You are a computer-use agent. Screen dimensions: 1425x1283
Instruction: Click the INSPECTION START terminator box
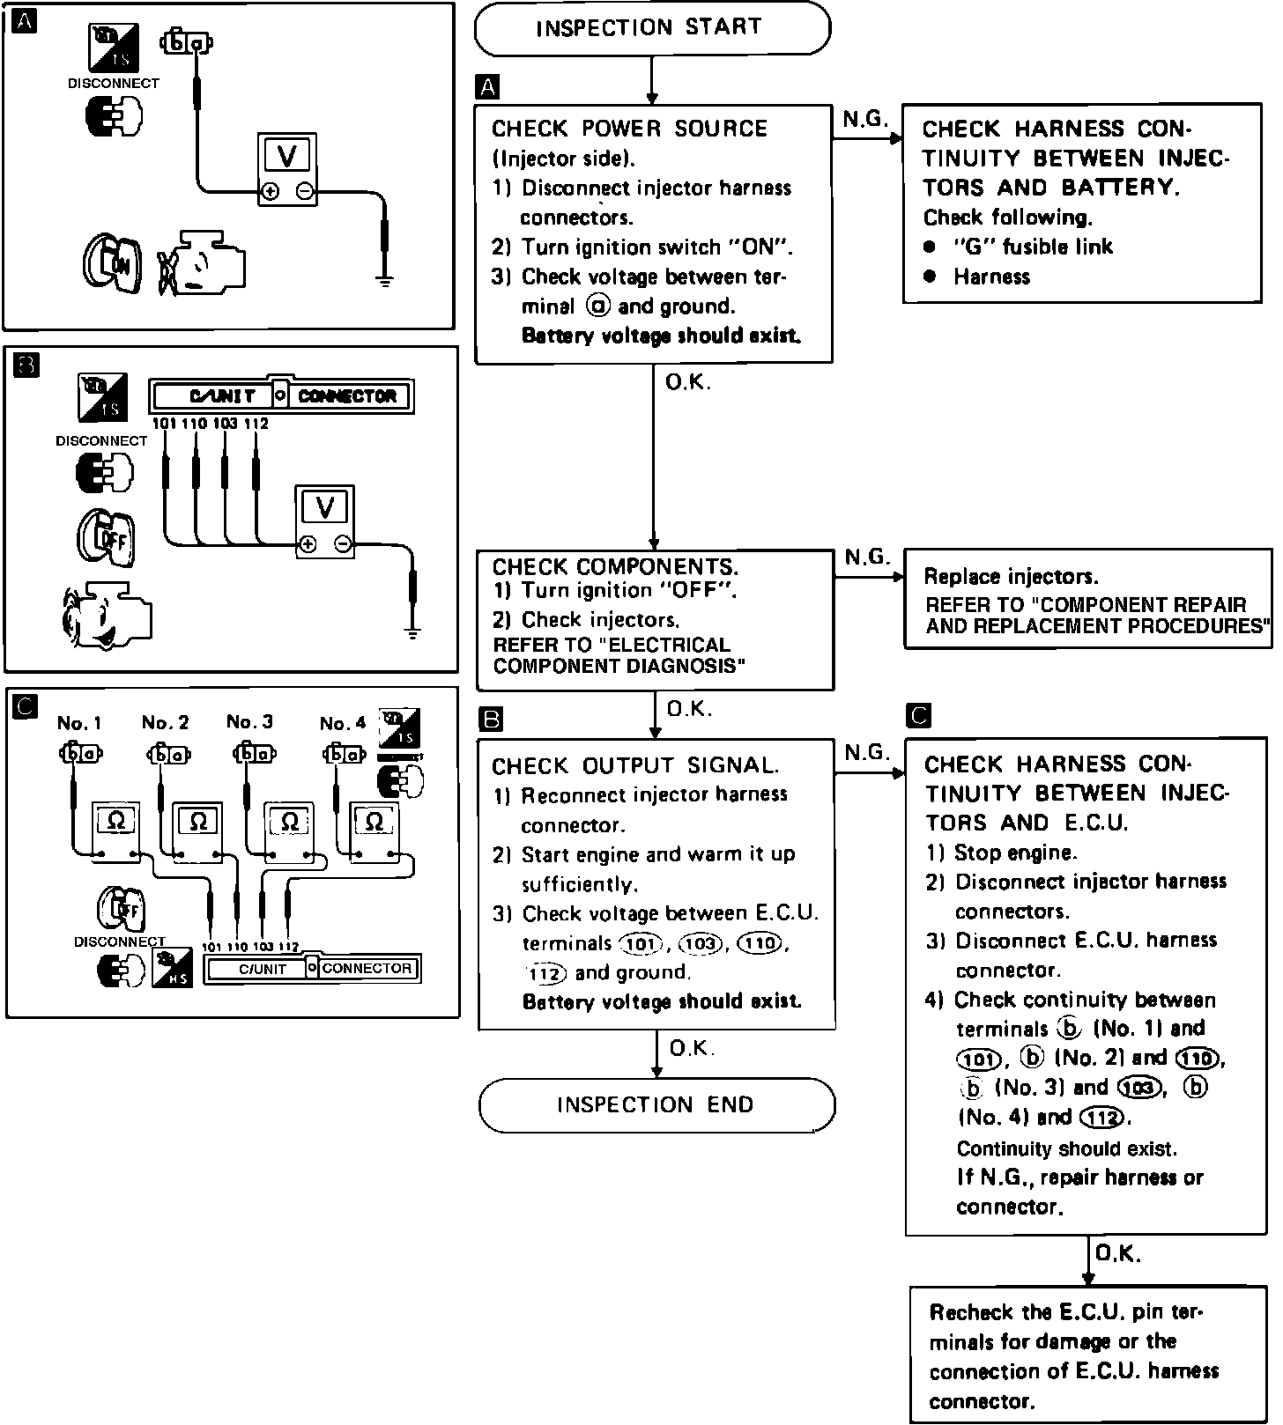pyautogui.click(x=651, y=28)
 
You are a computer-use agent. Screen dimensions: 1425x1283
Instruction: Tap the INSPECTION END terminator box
pyautogui.click(x=656, y=1104)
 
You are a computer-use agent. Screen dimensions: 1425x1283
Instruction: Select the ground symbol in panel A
pyautogui.click(x=384, y=282)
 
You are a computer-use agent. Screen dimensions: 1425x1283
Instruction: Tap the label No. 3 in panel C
pyautogui.click(x=249, y=722)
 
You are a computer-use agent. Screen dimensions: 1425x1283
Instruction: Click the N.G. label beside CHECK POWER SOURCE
pyautogui.click(x=864, y=121)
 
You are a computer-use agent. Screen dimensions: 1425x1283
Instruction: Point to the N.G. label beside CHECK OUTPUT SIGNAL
pyautogui.click(x=867, y=752)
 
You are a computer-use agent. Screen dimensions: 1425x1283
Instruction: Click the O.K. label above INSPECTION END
pyautogui.click(x=692, y=1048)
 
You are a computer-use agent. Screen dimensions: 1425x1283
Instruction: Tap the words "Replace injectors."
pyautogui.click(x=1011, y=577)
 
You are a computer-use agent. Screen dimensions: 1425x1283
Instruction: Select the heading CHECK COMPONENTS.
pyautogui.click(x=615, y=567)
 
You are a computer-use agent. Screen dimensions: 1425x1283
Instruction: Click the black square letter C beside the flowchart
pyautogui.click(x=917, y=716)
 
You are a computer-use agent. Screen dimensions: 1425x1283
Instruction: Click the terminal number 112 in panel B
pyautogui.click(x=256, y=424)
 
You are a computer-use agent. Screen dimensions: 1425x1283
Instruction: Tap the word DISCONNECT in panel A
pyautogui.click(x=114, y=84)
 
